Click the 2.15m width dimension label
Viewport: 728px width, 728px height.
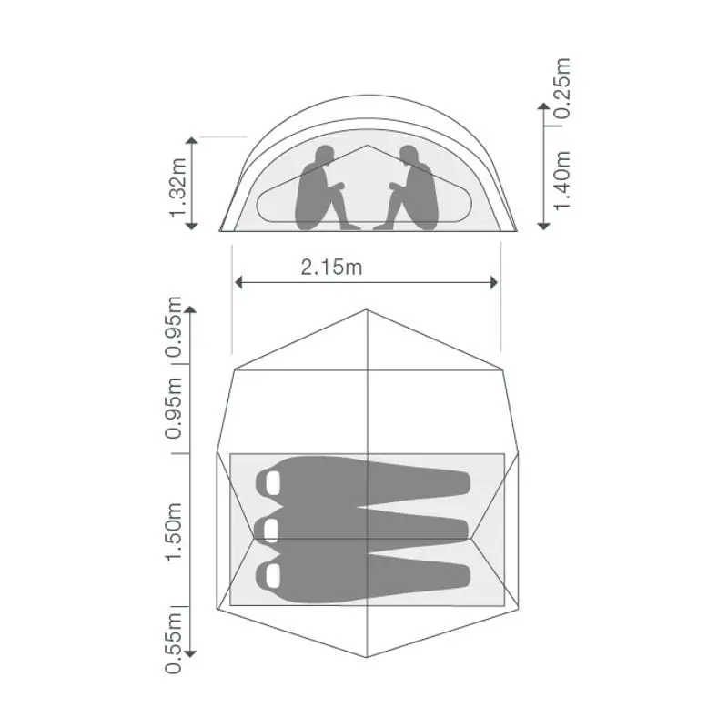click(330, 268)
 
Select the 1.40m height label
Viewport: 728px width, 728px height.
click(561, 179)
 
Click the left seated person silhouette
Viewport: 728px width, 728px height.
click(320, 189)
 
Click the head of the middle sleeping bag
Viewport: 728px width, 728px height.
click(270, 529)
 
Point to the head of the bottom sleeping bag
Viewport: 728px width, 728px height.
click(271, 574)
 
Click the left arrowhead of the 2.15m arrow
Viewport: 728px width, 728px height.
click(238, 282)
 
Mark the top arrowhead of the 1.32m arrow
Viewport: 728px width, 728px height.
click(191, 140)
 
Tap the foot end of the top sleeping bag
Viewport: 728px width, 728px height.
click(466, 482)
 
